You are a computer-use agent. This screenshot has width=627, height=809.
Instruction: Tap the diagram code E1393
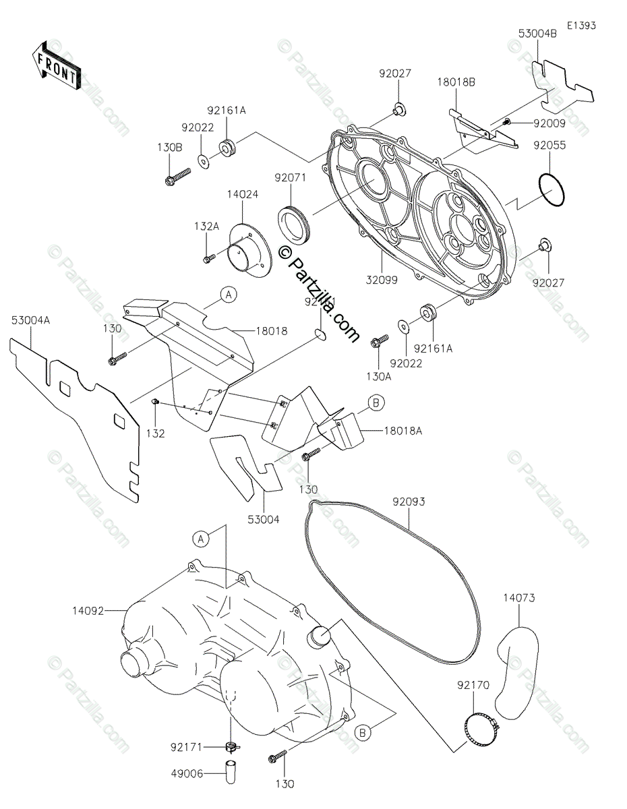click(580, 26)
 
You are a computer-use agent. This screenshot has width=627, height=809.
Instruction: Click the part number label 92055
click(550, 145)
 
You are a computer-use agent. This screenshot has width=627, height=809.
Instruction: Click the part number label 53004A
click(30, 322)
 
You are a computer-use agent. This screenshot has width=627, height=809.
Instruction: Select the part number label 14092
click(107, 611)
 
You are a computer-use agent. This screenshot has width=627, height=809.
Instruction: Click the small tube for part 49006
click(231, 772)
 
